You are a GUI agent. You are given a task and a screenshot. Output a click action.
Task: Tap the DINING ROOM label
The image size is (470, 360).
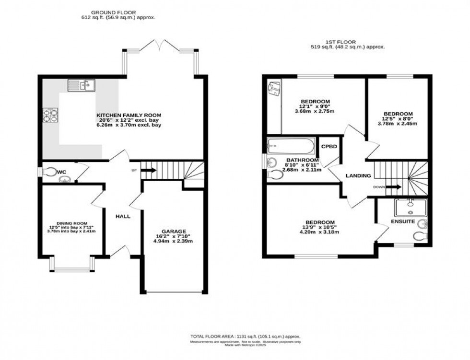tap(71, 223)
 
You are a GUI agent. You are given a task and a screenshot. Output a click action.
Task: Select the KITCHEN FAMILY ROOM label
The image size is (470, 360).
tap(129, 115)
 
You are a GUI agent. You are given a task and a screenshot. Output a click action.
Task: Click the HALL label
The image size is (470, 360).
tap(123, 216)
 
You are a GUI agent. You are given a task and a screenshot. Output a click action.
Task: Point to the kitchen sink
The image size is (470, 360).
tap(82, 86)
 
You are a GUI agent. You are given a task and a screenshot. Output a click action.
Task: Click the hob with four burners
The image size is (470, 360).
tap(50, 115)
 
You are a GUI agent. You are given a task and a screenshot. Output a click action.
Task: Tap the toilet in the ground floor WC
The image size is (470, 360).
tap(49, 172)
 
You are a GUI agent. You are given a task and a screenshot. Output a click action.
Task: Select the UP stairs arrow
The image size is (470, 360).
tap(149, 170)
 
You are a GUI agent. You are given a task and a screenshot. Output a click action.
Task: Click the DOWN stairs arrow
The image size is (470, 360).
tap(393, 187)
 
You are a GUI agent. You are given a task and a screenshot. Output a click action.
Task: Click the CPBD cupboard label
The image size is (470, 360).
tap(329, 147)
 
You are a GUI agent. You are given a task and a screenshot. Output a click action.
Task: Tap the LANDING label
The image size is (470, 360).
tap(358, 176)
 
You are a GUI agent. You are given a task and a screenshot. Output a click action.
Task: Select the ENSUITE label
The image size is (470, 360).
tap(402, 222)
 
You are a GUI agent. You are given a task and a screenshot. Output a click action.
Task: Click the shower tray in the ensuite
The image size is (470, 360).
tap(410, 207)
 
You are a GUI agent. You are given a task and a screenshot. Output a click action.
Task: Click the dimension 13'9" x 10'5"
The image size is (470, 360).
tap(320, 227)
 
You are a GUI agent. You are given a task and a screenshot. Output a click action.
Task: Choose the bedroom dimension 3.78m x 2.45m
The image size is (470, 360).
tap(397, 123)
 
